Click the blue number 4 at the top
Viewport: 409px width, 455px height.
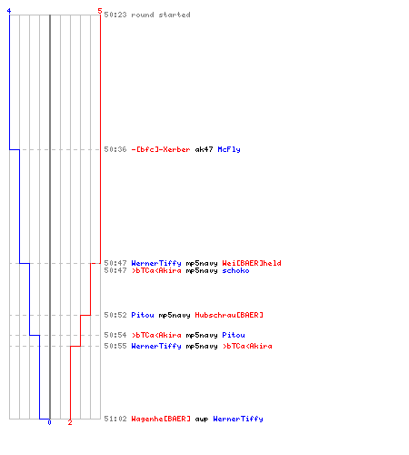[9, 11]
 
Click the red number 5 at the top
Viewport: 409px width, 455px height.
[100, 11]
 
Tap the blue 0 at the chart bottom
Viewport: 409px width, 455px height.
[49, 422]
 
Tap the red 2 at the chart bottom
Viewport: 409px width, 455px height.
[70, 422]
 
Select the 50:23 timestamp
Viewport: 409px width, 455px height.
[115, 15]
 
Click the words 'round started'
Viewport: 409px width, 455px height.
[161, 15]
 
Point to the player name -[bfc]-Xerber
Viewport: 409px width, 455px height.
[161, 149]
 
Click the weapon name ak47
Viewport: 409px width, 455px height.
[204, 149]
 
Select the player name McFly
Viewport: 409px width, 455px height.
[229, 149]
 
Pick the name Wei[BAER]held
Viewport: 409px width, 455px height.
[252, 263]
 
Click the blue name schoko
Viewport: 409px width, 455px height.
[235, 270]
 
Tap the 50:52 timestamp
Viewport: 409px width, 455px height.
[115, 315]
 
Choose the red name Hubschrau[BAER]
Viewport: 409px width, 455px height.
[229, 315]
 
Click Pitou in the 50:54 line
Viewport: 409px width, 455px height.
[234, 335]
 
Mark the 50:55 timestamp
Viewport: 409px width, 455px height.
[115, 346]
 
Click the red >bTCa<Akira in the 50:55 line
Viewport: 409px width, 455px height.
[247, 346]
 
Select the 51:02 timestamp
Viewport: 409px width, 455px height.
[115, 419]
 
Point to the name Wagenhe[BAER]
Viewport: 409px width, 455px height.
[161, 419]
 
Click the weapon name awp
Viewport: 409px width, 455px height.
[202, 420]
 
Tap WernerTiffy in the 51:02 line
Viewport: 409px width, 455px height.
[238, 419]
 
